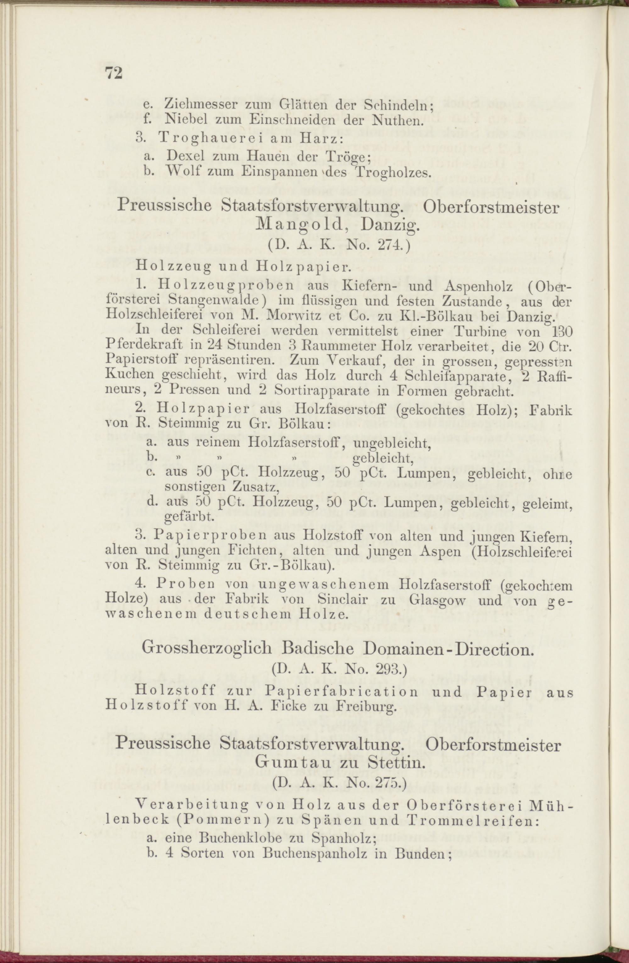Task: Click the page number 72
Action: coord(114,73)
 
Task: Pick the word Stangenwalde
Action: coord(217,302)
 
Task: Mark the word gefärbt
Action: coord(189,517)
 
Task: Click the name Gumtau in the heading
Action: coord(289,765)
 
